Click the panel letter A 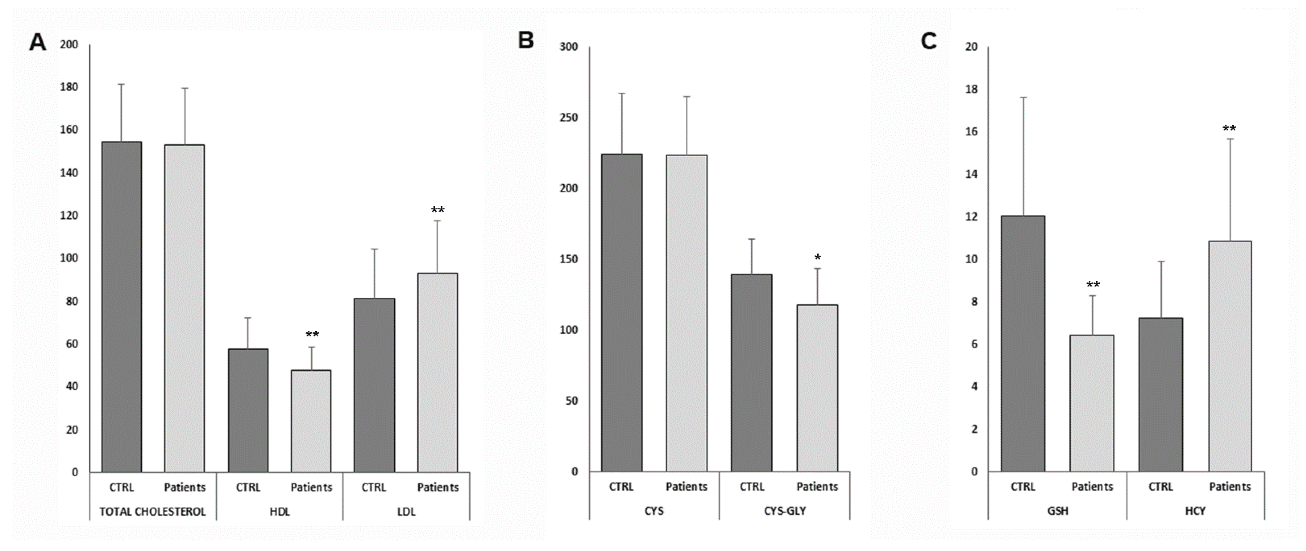click(38, 42)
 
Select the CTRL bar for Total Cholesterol click(122, 307)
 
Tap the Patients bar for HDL click(311, 421)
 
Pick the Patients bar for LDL click(437, 373)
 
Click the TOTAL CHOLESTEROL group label click(153, 511)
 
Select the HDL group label click(280, 511)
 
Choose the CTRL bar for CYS click(622, 312)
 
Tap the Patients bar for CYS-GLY click(817, 388)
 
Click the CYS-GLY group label click(785, 511)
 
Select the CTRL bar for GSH click(1023, 343)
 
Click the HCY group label click(1195, 511)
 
